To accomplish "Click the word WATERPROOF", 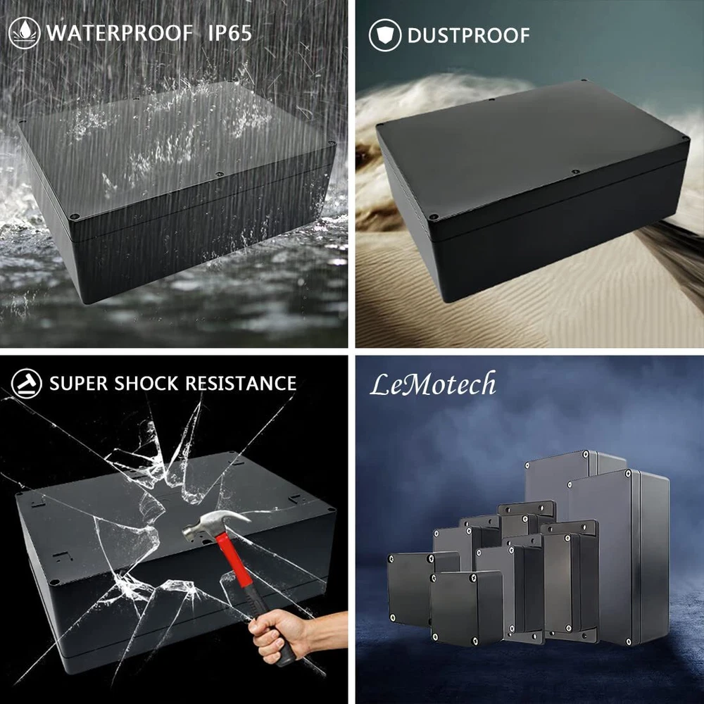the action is (120, 33).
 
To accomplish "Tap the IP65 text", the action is (230, 33).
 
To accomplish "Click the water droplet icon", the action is (24, 33).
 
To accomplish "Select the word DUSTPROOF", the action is (468, 35).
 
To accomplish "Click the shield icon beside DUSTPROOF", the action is (385, 35).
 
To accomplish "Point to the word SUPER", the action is (79, 384).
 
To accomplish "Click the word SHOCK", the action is (146, 384).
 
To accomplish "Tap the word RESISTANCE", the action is (241, 384).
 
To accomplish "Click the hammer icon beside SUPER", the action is (27, 384).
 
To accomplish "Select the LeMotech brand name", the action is (433, 384).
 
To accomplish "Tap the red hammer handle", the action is (235, 562).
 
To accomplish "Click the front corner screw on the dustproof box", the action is (434, 217).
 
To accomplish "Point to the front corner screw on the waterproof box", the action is (75, 217).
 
